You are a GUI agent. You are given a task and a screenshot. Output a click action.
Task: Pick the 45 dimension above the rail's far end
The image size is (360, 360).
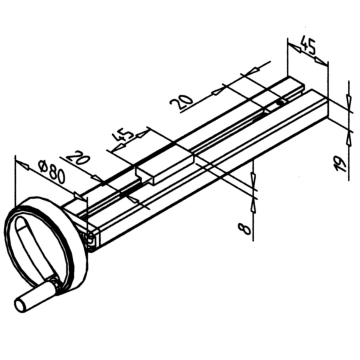308,45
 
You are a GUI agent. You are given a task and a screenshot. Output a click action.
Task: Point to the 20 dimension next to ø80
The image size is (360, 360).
79,158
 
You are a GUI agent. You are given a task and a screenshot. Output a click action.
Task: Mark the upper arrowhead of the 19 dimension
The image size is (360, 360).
348,101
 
